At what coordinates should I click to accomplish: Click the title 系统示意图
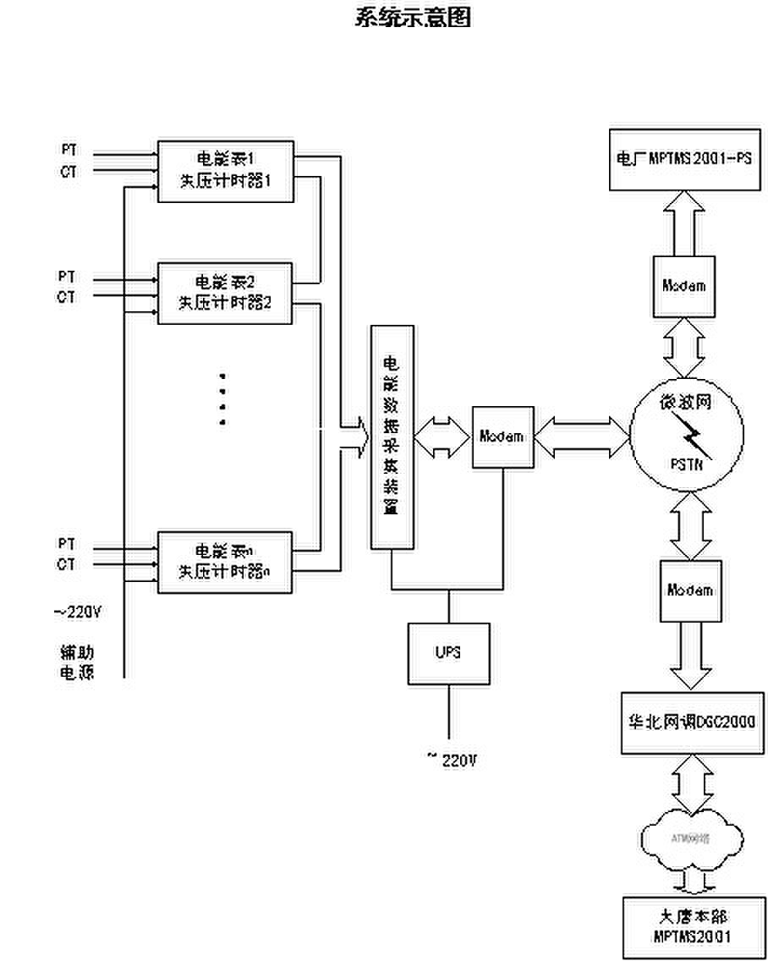412,18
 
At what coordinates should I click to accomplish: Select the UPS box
448,653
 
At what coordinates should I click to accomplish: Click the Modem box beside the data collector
502,437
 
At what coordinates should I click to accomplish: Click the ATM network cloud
690,838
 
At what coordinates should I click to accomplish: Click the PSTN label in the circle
689,464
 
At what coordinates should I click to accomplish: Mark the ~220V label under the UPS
453,760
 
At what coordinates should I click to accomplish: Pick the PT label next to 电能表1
68,149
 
